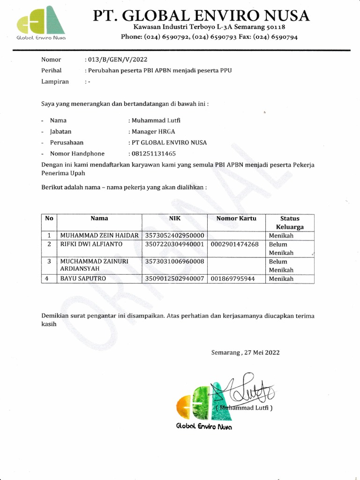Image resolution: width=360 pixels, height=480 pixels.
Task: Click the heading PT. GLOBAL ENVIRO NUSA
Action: (x=201, y=15)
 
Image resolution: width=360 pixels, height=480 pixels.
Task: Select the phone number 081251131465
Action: (x=153, y=153)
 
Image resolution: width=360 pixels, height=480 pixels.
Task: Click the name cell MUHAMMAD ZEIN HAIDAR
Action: (x=97, y=236)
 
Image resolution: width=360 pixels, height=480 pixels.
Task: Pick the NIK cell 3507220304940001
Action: (x=174, y=244)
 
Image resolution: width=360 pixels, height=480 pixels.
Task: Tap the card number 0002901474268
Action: (x=235, y=244)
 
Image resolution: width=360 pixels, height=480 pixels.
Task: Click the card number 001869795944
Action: (x=233, y=278)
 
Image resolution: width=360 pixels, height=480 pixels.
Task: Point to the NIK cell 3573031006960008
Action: (x=174, y=262)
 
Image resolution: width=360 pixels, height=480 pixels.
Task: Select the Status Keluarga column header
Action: (x=290, y=222)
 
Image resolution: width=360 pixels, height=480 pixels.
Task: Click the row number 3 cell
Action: (x=49, y=262)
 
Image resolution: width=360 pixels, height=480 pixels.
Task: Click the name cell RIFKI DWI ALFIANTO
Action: (x=90, y=244)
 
